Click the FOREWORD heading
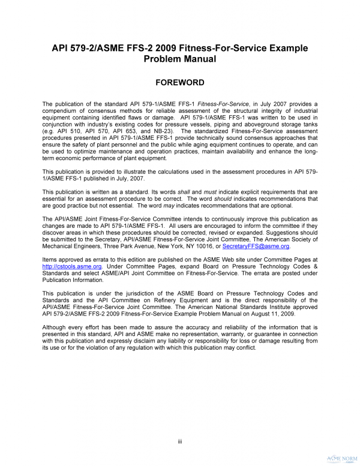(180, 82)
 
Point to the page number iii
(180, 442)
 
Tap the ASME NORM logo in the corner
(343, 455)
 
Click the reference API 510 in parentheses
(63, 131)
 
